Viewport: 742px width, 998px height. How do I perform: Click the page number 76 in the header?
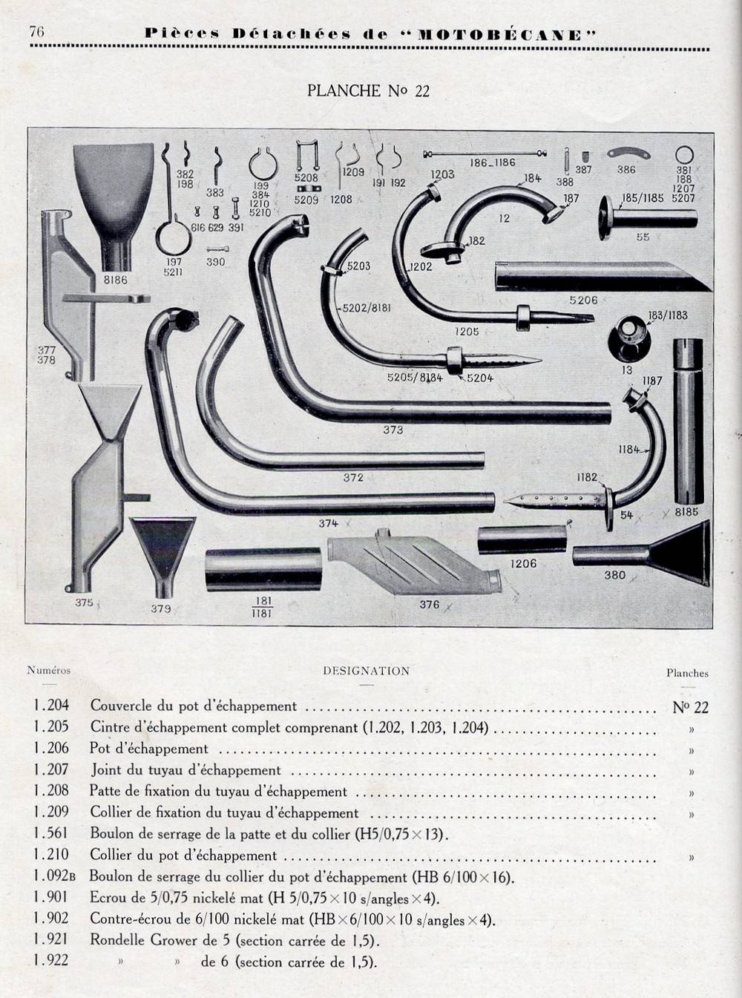tap(36, 31)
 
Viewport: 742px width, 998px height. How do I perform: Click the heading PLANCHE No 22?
tap(368, 91)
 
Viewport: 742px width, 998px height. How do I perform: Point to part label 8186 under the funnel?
tap(116, 280)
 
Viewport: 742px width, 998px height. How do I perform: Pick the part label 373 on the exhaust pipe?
tap(393, 430)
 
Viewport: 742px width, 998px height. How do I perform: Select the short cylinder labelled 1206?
tap(522, 540)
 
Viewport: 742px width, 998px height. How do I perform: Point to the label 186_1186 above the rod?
tap(492, 162)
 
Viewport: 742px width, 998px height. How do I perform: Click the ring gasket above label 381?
tap(684, 155)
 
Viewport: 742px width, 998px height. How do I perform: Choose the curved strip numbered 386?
tap(626, 153)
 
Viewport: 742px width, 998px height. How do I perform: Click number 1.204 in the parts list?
tap(50, 706)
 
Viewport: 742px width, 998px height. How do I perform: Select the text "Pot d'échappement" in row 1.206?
tap(149, 749)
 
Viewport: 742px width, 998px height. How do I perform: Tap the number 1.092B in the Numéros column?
tap(54, 876)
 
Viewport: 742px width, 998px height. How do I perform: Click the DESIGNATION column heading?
tap(366, 671)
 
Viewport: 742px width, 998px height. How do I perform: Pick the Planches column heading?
tap(687, 673)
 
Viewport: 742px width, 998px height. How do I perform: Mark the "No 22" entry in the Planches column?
tap(690, 707)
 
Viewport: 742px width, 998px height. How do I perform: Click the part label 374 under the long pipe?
tap(329, 523)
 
